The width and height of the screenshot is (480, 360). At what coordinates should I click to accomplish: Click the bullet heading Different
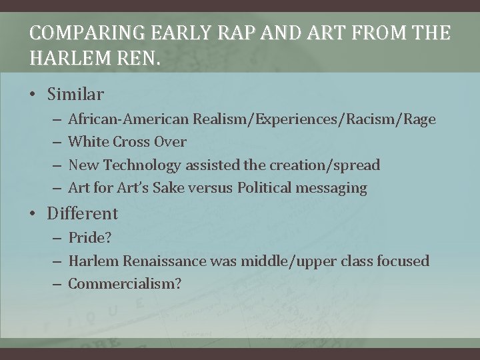click(82, 214)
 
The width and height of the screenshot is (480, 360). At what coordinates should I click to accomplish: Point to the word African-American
click(129, 119)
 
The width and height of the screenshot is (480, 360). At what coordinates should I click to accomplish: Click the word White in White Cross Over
click(89, 142)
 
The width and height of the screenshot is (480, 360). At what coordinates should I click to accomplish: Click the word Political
click(260, 188)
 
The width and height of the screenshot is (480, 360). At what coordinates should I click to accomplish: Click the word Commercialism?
click(125, 283)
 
